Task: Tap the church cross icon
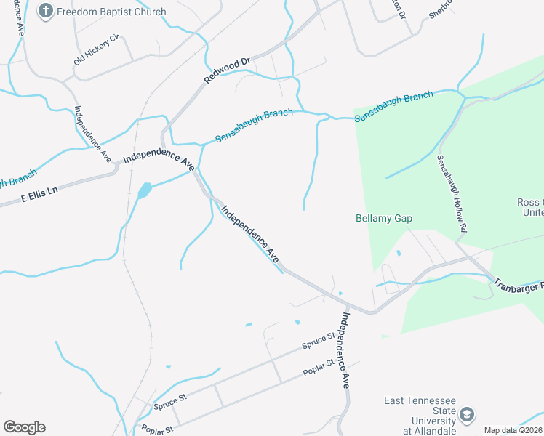coord(46,11)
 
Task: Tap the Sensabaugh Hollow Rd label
coord(451,193)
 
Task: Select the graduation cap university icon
coord(466,415)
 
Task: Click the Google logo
coord(24,427)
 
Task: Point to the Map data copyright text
coord(513,430)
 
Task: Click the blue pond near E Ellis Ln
coord(144,191)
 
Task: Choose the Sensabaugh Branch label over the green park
coord(393,105)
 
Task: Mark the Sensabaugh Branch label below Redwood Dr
coord(254,126)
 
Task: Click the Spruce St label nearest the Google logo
coord(170,401)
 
